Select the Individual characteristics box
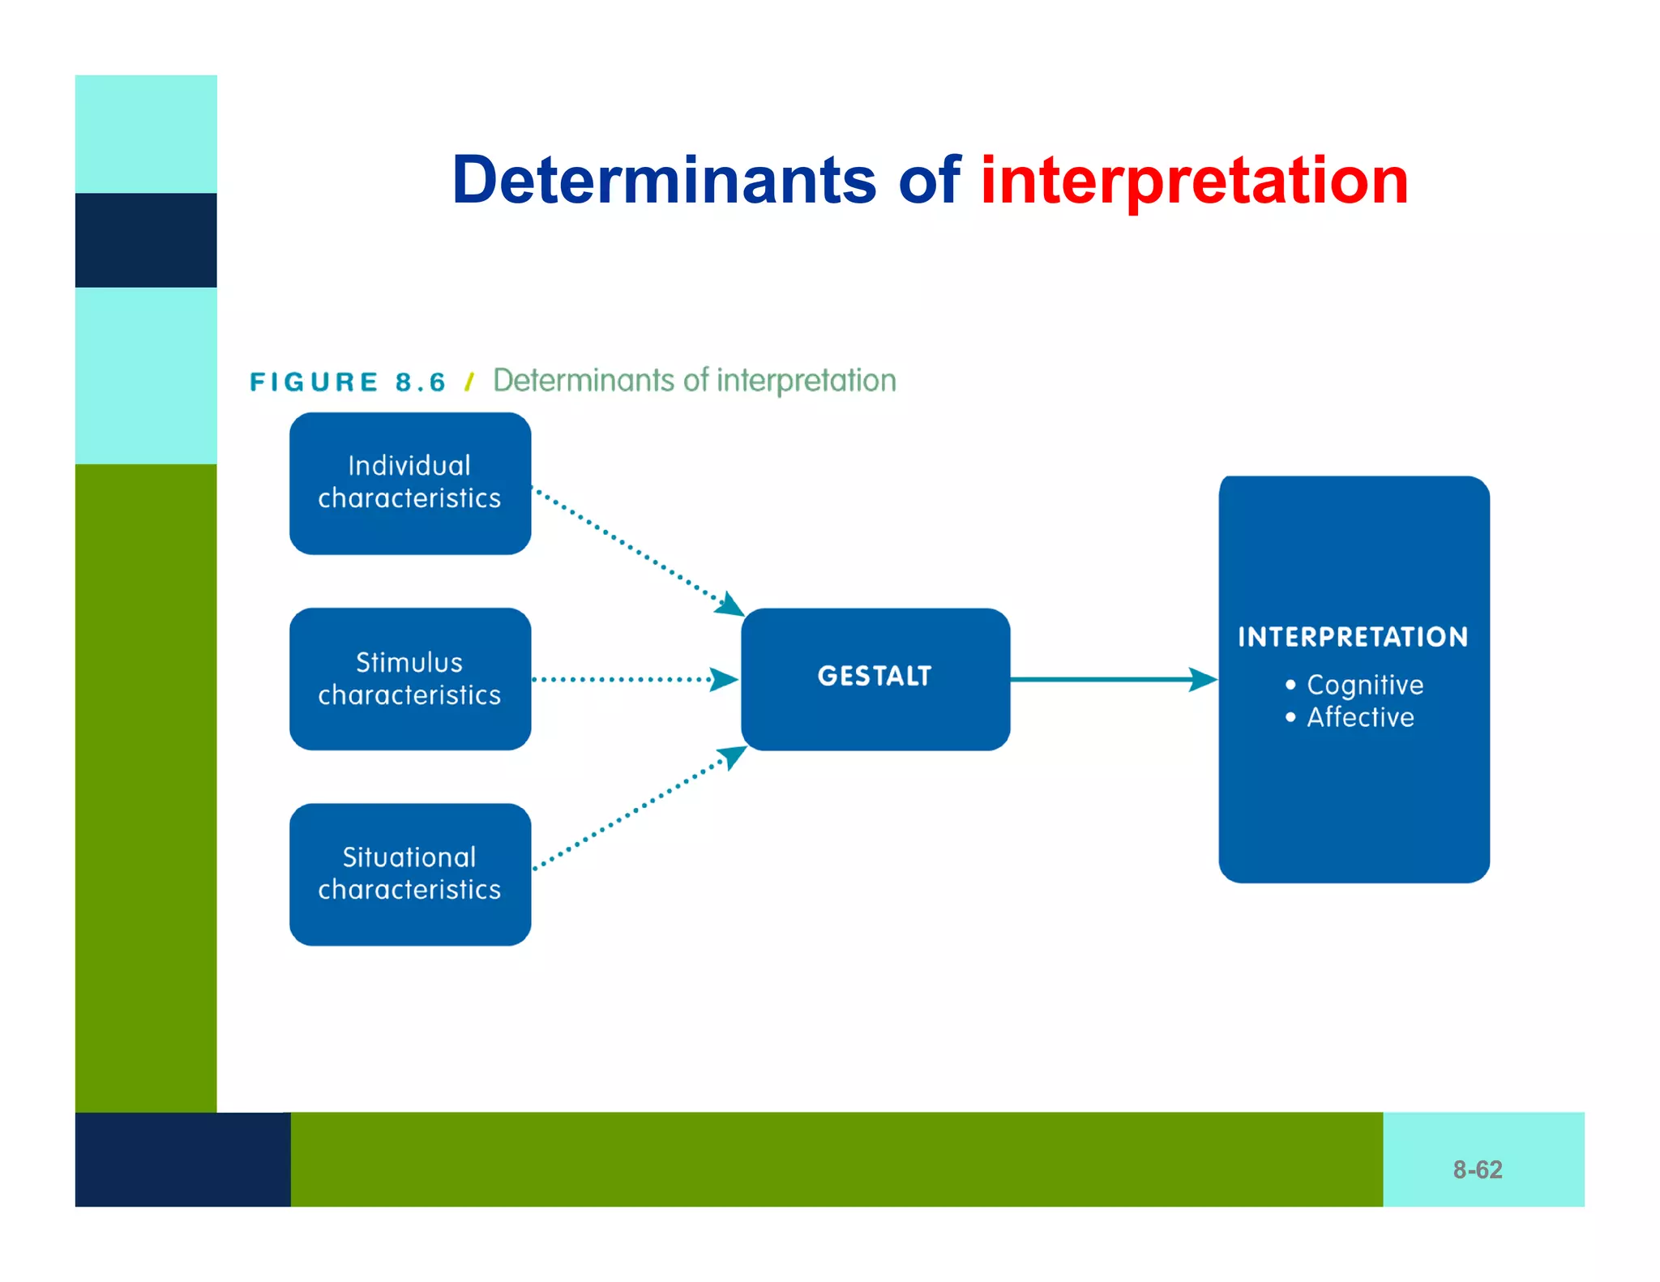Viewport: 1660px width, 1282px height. pyautogui.click(x=410, y=483)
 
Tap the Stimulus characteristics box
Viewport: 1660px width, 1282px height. pyautogui.click(x=410, y=679)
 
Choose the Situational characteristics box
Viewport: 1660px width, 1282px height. pyautogui.click(x=410, y=874)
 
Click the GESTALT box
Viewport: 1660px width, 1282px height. pyautogui.click(x=875, y=679)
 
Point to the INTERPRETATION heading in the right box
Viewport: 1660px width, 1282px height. pyautogui.click(x=1353, y=637)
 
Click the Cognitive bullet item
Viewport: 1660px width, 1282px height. pyautogui.click(x=1364, y=685)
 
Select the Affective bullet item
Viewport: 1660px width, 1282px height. pyautogui.click(x=1359, y=717)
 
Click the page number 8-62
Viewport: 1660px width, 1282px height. pyautogui.click(x=1477, y=1169)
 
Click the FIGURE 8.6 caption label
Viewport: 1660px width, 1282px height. pyautogui.click(x=348, y=382)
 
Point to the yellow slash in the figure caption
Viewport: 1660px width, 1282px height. pyautogui.click(x=469, y=382)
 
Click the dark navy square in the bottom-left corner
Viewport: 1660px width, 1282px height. pyautogui.click(x=182, y=1159)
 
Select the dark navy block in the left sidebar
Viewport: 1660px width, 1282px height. pyautogui.click(x=146, y=240)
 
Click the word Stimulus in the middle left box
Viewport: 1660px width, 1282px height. pyautogui.click(x=409, y=662)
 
